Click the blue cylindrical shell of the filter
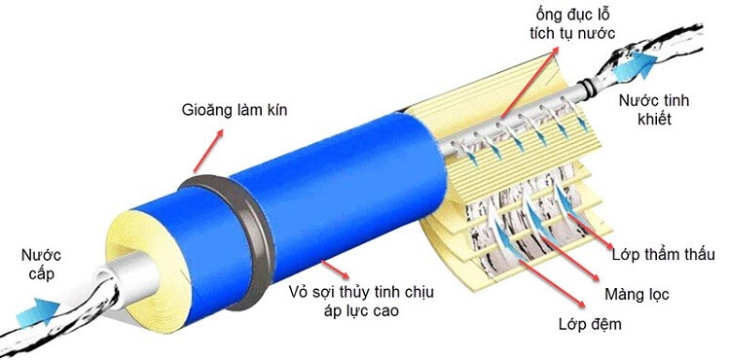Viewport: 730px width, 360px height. click(x=321, y=195)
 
